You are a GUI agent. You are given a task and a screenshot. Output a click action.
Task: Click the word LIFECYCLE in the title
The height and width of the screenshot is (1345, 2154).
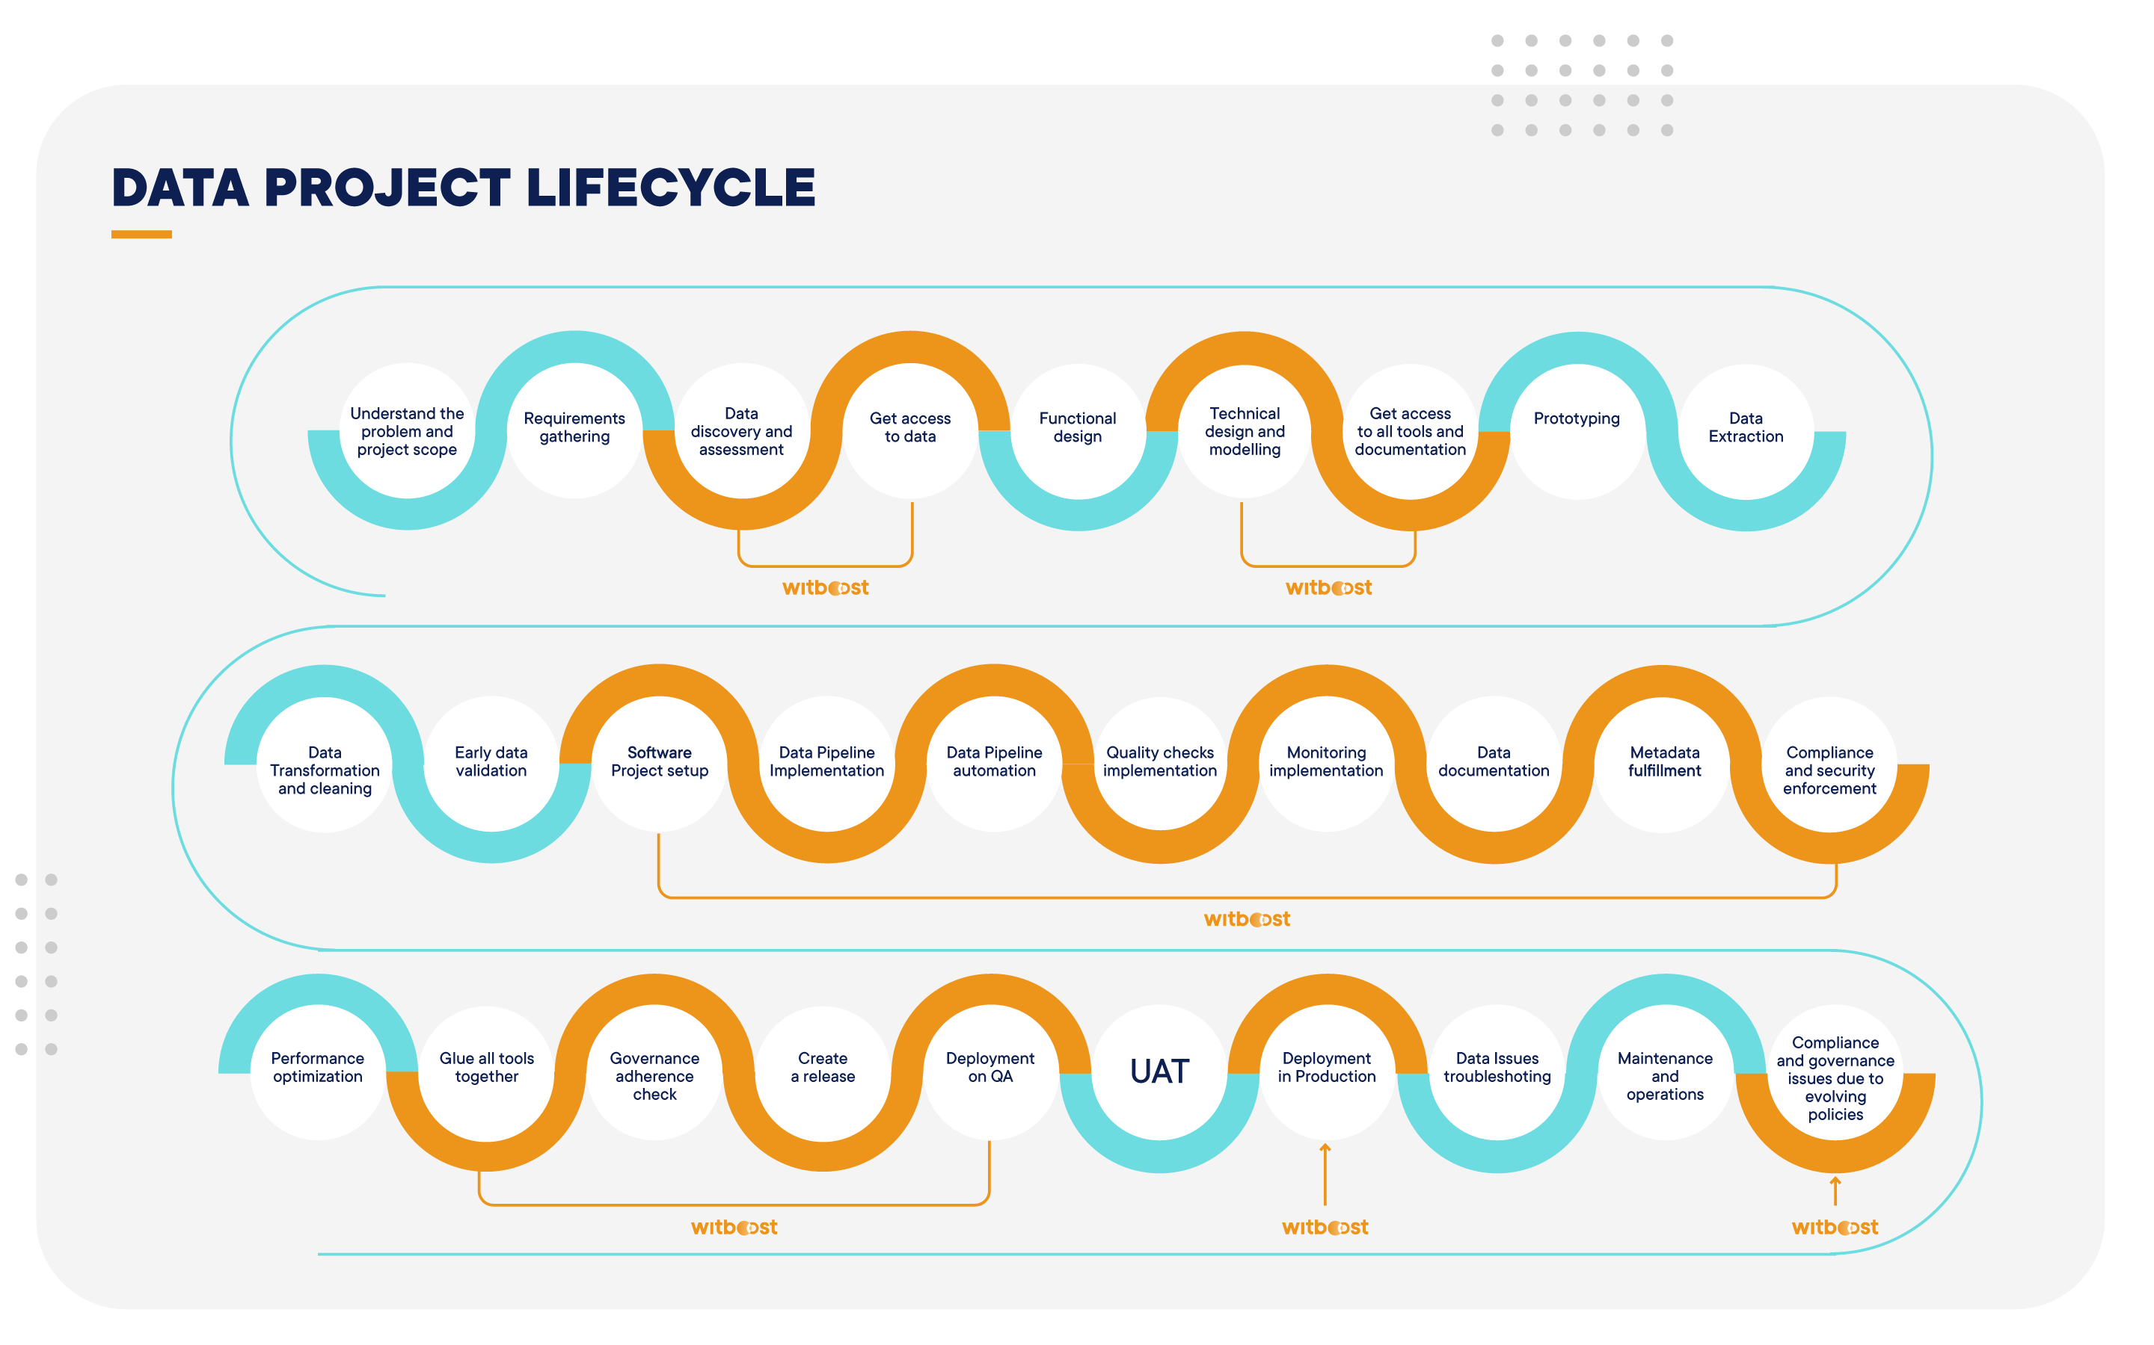point(670,188)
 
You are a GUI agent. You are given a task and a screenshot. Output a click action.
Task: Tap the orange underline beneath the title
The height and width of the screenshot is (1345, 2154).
point(141,235)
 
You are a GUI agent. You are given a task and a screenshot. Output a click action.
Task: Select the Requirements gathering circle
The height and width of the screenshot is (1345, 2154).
point(574,429)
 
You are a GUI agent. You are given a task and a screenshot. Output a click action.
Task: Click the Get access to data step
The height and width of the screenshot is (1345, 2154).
point(909,429)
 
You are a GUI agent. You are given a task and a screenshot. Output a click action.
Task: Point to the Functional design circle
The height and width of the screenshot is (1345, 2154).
point(1077,429)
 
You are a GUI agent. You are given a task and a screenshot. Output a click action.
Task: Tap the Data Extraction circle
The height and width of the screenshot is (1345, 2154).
point(1746,429)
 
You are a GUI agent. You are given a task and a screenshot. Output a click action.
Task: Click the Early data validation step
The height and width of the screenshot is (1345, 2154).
point(491,763)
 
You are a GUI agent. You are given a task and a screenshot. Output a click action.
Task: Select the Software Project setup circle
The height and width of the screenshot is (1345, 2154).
point(660,763)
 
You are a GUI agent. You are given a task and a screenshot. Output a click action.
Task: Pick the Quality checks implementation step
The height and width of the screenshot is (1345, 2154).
point(1160,763)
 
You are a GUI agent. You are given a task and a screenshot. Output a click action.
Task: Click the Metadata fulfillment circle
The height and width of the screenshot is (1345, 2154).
point(1663,763)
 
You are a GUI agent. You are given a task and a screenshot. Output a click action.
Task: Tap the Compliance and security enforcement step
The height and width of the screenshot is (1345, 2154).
point(1829,770)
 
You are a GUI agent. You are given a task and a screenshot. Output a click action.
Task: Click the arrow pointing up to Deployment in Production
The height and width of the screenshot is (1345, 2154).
point(1325,1174)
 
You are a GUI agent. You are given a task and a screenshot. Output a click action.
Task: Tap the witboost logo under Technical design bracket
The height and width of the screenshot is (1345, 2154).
point(1328,588)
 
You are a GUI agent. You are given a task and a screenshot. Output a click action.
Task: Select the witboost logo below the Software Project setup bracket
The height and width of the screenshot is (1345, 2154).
point(1246,920)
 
